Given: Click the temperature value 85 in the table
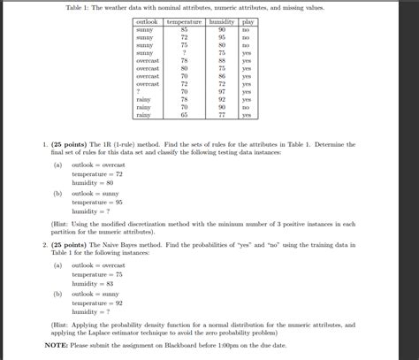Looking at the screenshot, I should point(184,30).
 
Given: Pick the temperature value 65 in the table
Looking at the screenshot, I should point(184,115).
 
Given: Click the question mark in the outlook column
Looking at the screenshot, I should point(140,91).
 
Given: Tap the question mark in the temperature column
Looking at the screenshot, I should point(184,53).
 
